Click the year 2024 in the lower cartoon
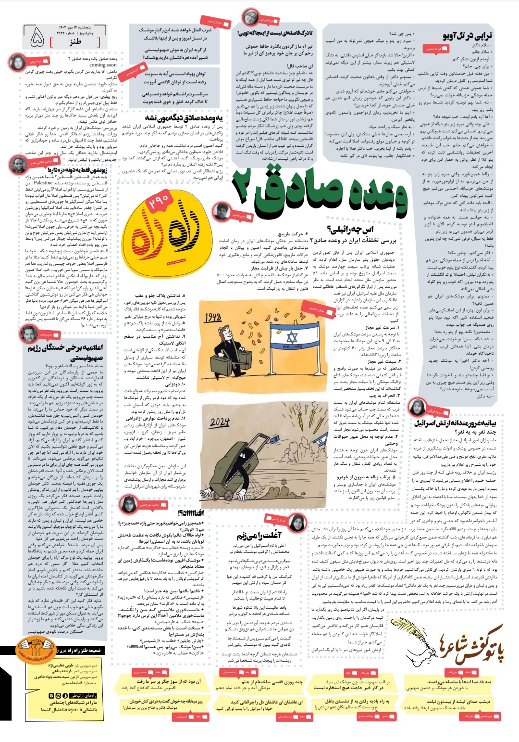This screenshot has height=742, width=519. pos(220,422)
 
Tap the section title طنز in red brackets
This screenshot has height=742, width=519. pos(74,42)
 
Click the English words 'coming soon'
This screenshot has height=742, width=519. pos(103,65)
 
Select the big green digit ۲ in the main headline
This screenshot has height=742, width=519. pos(247,188)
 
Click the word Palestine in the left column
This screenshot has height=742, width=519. pos(43,183)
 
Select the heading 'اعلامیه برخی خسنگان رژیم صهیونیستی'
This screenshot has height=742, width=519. pos(65,352)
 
